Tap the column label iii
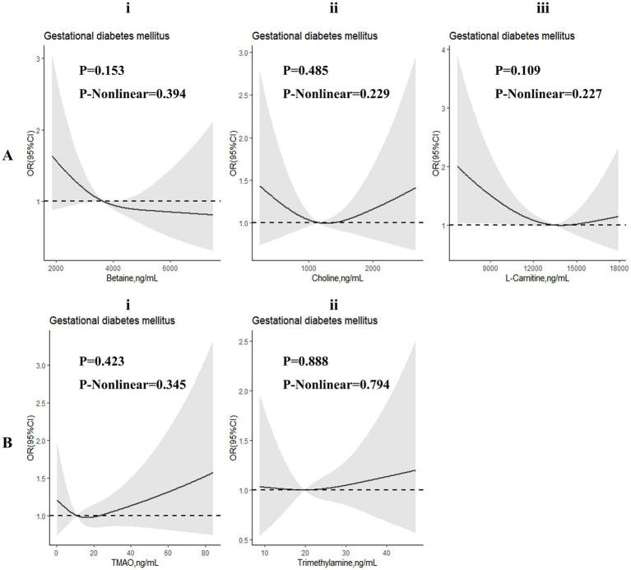[x=536, y=10]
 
